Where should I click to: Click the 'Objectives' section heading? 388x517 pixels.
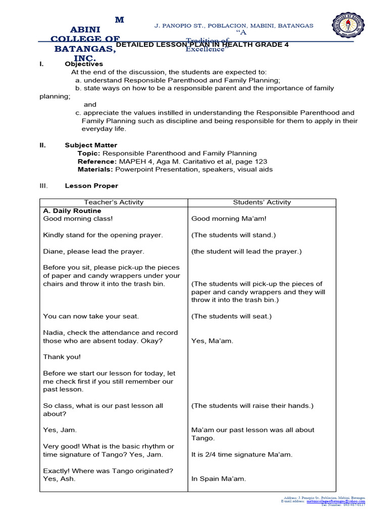(x=84, y=64)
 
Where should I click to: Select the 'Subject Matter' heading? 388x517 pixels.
(x=91, y=145)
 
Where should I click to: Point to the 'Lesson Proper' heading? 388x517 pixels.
(x=91, y=186)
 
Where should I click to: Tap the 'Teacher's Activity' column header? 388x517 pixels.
(x=114, y=202)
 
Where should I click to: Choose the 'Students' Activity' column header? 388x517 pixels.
(x=262, y=202)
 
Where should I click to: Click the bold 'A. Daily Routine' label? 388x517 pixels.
(x=72, y=211)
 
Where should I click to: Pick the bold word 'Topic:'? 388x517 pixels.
(x=89, y=153)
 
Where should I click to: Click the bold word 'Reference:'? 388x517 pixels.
(x=96, y=162)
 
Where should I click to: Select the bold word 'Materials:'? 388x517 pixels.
(x=95, y=170)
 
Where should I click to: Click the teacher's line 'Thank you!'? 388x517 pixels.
(x=62, y=357)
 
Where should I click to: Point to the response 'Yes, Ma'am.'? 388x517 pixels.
(x=212, y=341)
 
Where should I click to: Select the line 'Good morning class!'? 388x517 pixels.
(x=78, y=219)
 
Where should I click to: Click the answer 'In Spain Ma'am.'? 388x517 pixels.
(x=219, y=479)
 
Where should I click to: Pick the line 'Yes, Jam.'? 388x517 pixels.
(x=60, y=430)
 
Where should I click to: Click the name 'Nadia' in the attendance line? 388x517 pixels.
(x=54, y=333)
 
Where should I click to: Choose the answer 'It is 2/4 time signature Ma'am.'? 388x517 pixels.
(x=242, y=454)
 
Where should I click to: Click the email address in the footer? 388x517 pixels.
(x=335, y=501)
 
